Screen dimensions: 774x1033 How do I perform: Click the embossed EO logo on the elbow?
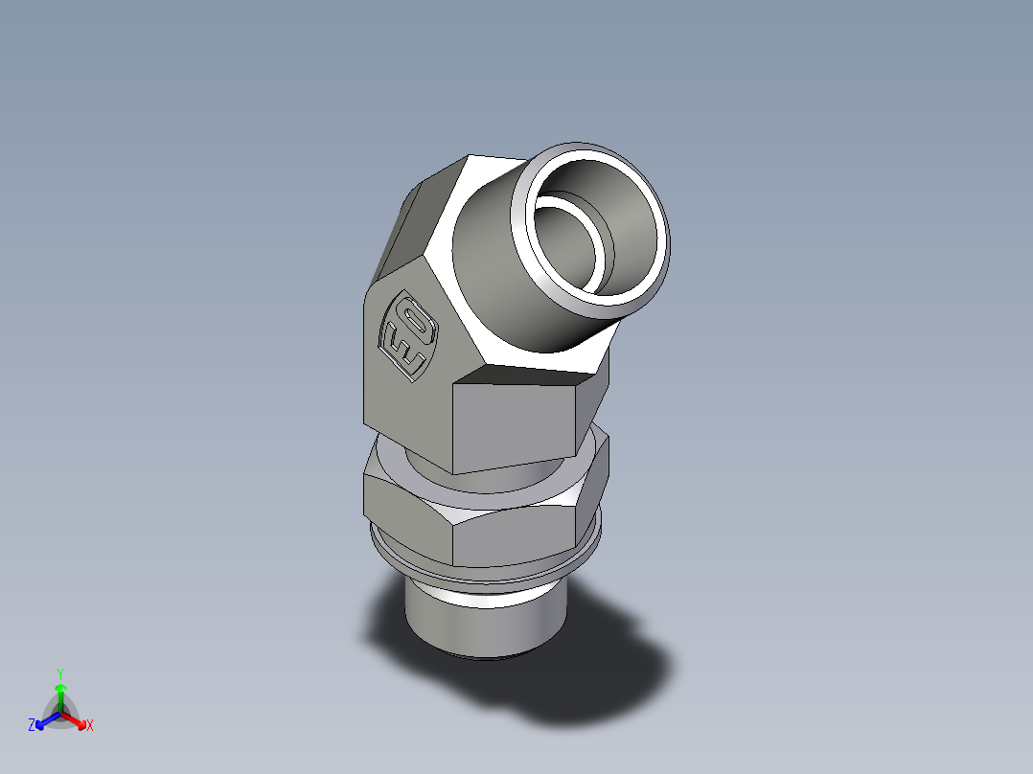pyautogui.click(x=409, y=335)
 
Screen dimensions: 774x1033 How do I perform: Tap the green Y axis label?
pyautogui.click(x=59, y=672)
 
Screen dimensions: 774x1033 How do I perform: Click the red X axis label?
pyautogui.click(x=90, y=726)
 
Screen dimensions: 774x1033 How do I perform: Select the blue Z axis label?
pyautogui.click(x=32, y=726)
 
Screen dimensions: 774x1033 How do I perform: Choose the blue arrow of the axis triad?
pyautogui.click(x=44, y=720)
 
